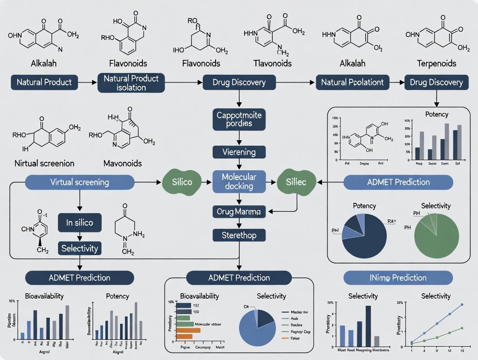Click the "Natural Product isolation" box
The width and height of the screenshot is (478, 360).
pos(131,83)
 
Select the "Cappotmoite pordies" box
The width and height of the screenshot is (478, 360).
pos(239,119)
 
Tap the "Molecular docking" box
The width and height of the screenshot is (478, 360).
pos(239,182)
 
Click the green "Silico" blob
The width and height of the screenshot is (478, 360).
pos(182,182)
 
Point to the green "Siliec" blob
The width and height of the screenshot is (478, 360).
pos(296,182)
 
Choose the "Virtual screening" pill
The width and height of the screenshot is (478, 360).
pos(80,182)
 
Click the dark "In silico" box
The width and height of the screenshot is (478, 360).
pos(80,223)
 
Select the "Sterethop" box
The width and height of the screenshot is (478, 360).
pos(239,235)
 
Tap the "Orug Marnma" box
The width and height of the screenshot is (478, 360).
pos(239,212)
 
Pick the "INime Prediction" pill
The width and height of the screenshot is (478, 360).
pos(398,277)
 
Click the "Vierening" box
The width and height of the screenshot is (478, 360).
pos(239,152)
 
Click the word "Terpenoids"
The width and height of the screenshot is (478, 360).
pos(436,64)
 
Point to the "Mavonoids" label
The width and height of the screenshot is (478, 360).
pos(123,164)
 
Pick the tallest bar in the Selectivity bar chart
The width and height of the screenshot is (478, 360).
pos(368,324)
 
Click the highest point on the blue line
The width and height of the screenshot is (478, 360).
pos(462,305)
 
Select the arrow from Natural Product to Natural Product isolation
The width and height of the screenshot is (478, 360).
pos(88,82)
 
